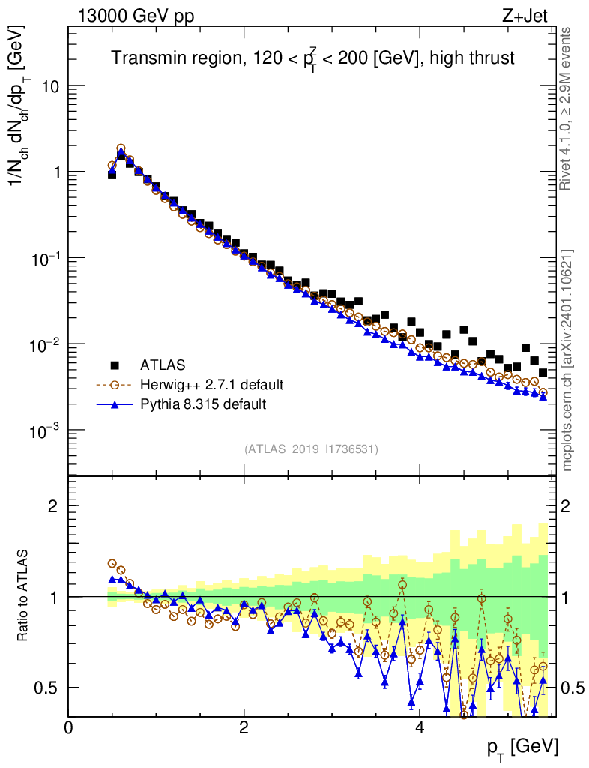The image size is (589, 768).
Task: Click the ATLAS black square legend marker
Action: coord(115,365)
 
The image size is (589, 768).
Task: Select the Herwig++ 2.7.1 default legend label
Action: coord(211,385)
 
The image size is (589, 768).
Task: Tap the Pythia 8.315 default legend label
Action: coord(202,404)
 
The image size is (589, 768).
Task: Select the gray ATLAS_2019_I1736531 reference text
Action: coord(311,449)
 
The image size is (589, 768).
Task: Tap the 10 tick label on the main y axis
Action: coord(49,86)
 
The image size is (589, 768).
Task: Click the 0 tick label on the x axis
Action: coord(69,727)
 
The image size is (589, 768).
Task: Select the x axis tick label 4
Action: coord(420,727)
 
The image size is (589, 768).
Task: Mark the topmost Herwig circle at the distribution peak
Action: coord(121,148)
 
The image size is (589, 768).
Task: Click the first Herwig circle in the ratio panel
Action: coord(112,563)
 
